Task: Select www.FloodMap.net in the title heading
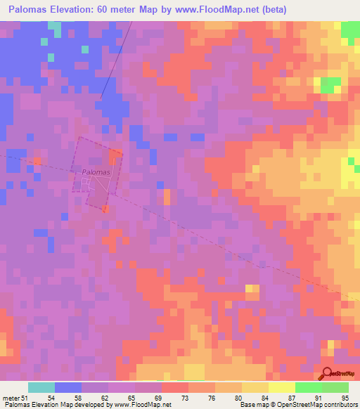coord(230,10)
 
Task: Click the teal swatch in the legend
coord(41,387)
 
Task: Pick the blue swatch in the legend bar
coord(68,387)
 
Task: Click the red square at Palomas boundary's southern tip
coord(105,209)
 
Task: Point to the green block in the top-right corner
coord(350,30)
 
